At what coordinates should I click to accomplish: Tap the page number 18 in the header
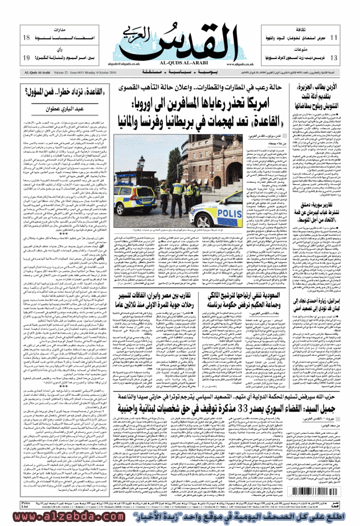point(26,38)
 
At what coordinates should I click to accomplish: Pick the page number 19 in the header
point(26,58)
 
